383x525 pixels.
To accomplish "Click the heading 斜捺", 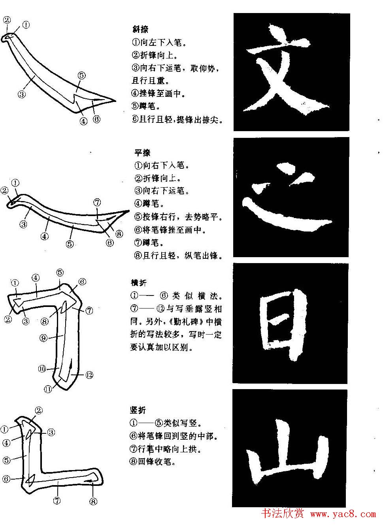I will (x=140, y=29).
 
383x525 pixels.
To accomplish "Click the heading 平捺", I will (x=142, y=153).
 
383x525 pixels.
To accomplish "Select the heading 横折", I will (x=139, y=283).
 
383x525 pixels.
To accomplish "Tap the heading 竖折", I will (x=138, y=410).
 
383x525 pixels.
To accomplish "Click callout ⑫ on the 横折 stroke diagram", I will (x=89, y=374).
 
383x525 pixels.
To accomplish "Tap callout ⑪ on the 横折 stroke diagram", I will (x=48, y=389).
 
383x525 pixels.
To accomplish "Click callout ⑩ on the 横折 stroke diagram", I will (x=42, y=369).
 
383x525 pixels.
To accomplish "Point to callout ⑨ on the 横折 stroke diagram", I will (x=43, y=338).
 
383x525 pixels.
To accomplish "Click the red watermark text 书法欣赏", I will (x=283, y=514).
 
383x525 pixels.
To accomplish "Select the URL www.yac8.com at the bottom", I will (x=343, y=514).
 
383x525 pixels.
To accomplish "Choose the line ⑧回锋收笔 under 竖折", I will (x=152, y=461).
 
